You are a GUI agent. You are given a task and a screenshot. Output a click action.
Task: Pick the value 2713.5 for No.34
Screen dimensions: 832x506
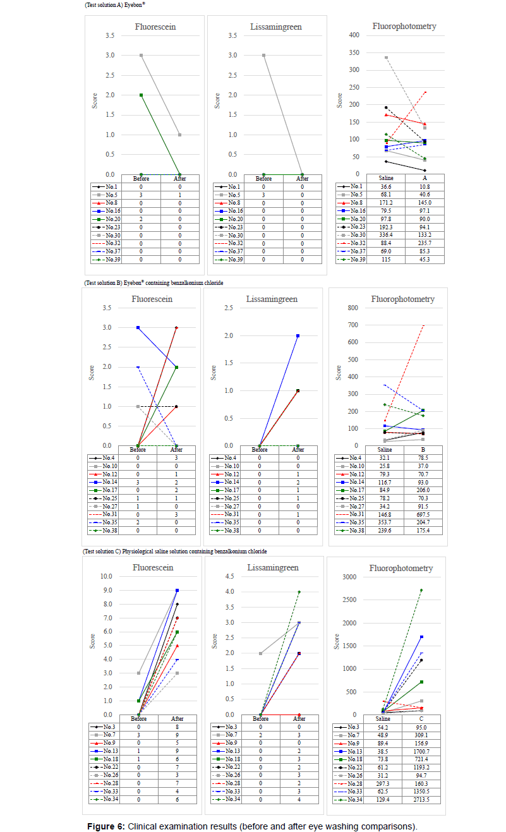pos(422,799)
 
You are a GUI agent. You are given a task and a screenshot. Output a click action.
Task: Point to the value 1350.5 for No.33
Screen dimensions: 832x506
pos(422,790)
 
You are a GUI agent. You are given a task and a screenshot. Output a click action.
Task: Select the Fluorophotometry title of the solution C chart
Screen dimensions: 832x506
pos(401,568)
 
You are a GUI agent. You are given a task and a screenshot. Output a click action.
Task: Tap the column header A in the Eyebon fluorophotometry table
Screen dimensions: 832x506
pos(425,178)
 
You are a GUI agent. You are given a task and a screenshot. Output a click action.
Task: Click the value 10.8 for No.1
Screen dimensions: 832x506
pos(425,187)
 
